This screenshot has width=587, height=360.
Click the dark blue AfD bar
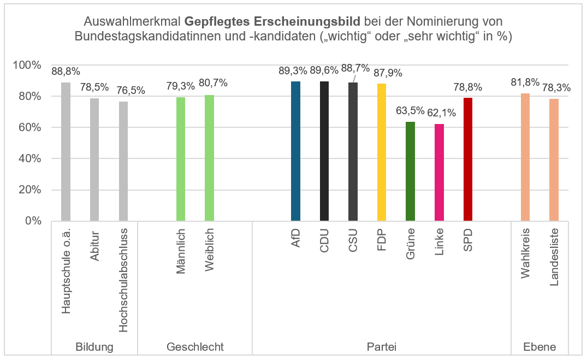tap(295, 151)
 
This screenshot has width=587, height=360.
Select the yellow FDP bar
tap(381, 152)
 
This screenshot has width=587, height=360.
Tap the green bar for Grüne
tap(410, 172)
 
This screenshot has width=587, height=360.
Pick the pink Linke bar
tap(439, 173)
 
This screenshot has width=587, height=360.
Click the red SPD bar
tap(467, 160)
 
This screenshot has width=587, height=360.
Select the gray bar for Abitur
tap(94, 160)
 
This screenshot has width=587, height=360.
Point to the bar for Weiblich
tap(209, 158)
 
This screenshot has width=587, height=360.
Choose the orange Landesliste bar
tap(554, 160)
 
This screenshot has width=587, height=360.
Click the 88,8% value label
tap(66, 71)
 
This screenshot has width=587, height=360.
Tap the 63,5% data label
tap(410, 111)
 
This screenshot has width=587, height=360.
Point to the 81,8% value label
tap(525, 82)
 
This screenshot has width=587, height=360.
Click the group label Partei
tap(381, 347)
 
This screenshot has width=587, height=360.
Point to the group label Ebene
tap(539, 347)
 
